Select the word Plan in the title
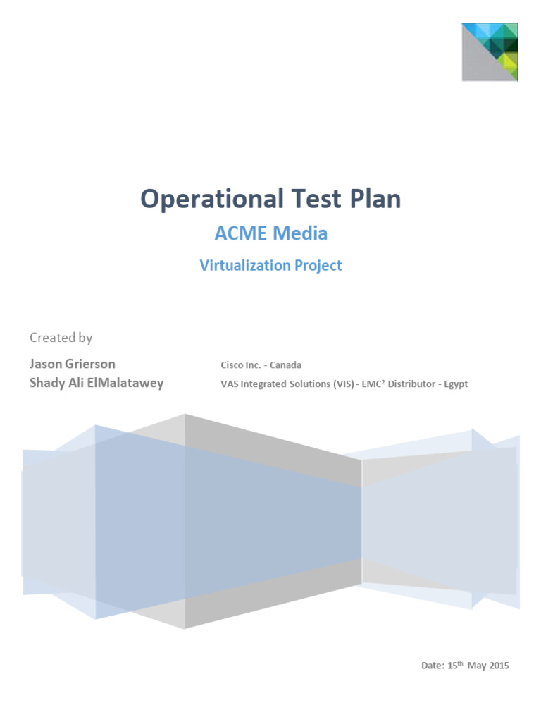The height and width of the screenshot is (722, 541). click(373, 199)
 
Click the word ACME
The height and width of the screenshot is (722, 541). click(241, 232)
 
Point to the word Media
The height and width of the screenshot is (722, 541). click(301, 232)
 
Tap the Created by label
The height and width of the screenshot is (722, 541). click(61, 338)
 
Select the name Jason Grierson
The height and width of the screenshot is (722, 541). click(72, 364)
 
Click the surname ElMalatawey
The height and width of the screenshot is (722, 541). click(123, 384)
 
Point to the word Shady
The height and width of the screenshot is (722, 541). click(46, 384)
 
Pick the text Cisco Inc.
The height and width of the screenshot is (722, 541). click(242, 365)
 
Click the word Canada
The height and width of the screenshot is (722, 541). click(286, 365)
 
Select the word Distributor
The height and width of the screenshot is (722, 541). click(411, 385)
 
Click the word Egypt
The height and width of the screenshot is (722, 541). click(456, 385)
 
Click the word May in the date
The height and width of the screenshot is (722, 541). click(476, 666)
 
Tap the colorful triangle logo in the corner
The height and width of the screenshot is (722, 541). click(490, 52)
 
